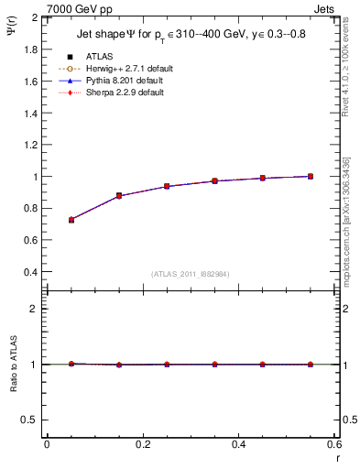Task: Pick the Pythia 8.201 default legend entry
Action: [122, 81]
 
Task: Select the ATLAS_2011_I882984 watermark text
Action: [191, 274]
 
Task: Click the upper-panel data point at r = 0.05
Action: [71, 220]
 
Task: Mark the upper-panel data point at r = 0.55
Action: [311, 176]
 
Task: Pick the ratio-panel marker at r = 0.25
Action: [167, 365]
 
